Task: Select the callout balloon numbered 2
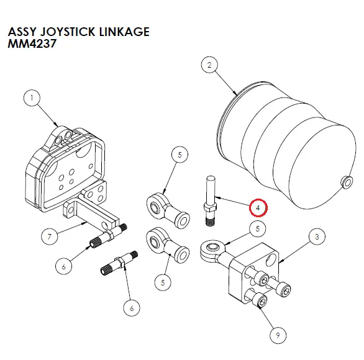(209, 65)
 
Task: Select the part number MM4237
(29, 45)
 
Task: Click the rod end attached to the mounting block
(211, 250)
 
